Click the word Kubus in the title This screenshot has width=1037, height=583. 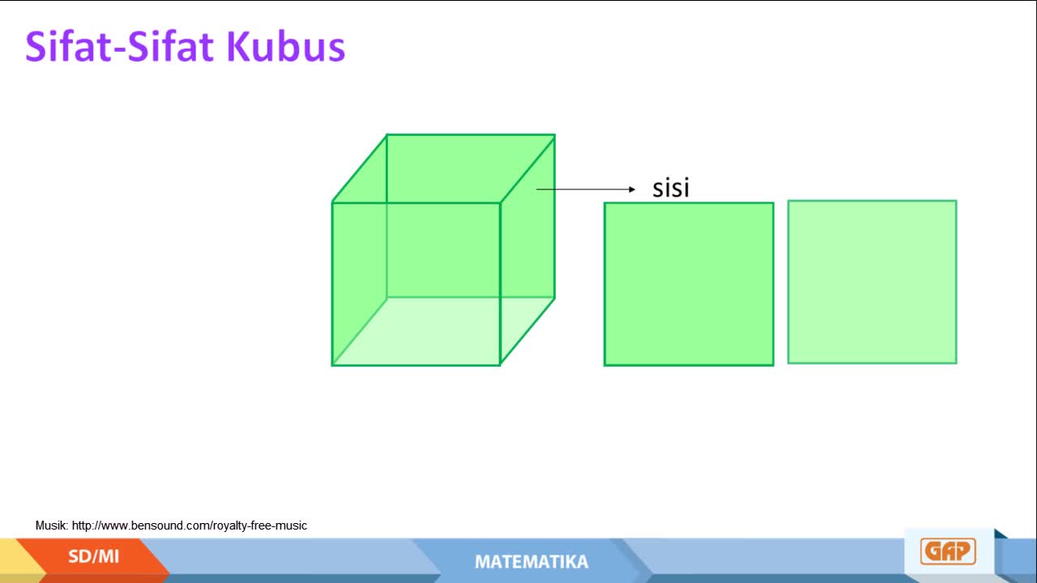pyautogui.click(x=286, y=46)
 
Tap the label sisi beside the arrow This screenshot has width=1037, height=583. pyautogui.click(x=671, y=188)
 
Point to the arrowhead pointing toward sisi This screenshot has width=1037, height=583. pyautogui.click(x=632, y=189)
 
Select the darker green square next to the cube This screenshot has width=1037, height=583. pyautogui.click(x=689, y=284)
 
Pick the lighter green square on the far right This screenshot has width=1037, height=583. pyautogui.click(x=873, y=282)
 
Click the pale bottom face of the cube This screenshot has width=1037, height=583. pyautogui.click(x=443, y=331)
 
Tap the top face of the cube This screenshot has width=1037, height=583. pyautogui.click(x=443, y=168)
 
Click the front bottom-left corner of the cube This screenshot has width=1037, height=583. pyautogui.click(x=332, y=365)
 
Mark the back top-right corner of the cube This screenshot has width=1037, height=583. pyautogui.click(x=555, y=135)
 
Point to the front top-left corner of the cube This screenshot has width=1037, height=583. pyautogui.click(x=332, y=202)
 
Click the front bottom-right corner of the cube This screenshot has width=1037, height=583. pyautogui.click(x=500, y=365)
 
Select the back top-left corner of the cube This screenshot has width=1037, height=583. pyautogui.click(x=386, y=135)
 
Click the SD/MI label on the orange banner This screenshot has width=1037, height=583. pyautogui.click(x=93, y=556)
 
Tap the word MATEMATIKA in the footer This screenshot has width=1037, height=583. pyautogui.click(x=531, y=562)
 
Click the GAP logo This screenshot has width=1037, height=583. pyautogui.click(x=948, y=551)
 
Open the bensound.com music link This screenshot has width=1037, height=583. pyautogui.click(x=190, y=526)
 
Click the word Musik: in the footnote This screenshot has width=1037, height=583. pyautogui.click(x=52, y=526)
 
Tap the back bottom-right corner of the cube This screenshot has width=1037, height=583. pyautogui.click(x=555, y=297)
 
